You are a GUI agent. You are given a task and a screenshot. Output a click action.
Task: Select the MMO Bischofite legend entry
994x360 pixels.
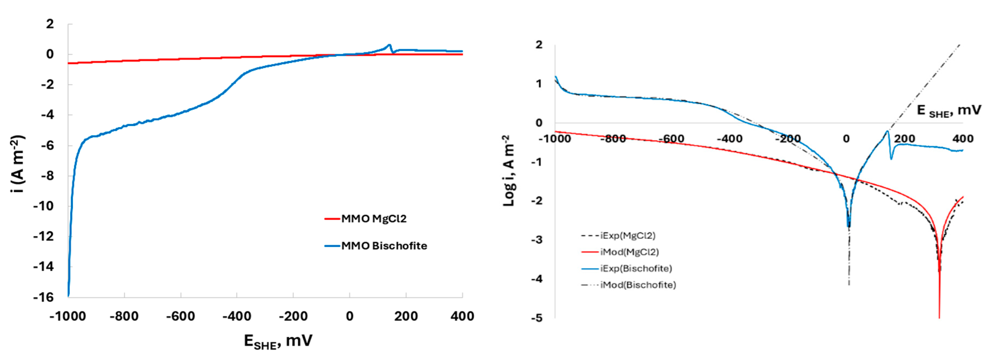(384, 246)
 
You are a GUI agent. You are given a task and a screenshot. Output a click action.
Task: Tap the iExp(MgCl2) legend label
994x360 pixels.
(627, 235)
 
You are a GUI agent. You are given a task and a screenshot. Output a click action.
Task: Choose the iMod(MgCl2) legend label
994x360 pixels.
(629, 252)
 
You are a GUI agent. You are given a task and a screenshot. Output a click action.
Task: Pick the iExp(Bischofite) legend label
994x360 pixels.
(636, 268)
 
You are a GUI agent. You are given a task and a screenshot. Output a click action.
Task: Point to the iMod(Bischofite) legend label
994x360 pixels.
(638, 285)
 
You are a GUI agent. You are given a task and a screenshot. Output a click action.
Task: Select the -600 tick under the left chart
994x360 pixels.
(180, 316)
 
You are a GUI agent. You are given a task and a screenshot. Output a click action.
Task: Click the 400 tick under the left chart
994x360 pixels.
(462, 316)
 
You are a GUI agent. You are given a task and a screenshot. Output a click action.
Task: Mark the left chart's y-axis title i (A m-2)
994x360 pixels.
(18, 164)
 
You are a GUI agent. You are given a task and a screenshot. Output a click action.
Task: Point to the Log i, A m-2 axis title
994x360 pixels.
(509, 171)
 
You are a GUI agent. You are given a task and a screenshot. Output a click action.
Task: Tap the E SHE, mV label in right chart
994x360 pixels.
(948, 111)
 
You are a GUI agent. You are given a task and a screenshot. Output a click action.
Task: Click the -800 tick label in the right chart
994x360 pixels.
(613, 139)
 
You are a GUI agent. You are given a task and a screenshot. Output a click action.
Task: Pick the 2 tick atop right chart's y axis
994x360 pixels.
(539, 45)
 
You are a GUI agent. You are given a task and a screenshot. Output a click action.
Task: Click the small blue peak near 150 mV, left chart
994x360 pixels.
(389, 45)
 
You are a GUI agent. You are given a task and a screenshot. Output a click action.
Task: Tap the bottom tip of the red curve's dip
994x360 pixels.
(939, 317)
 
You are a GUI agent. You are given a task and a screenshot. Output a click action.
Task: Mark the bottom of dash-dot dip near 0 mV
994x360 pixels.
(849, 284)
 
